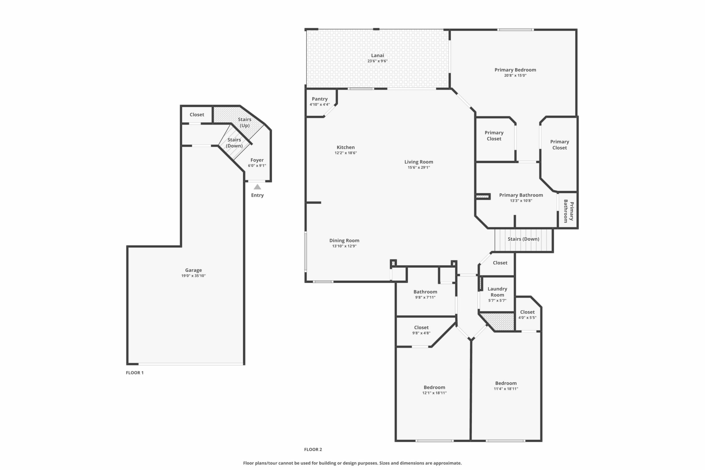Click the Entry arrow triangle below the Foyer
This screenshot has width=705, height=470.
click(x=257, y=187)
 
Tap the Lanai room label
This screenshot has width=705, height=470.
click(x=377, y=55)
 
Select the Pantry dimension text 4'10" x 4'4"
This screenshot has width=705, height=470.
click(x=319, y=105)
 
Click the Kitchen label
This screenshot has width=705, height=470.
click(x=346, y=147)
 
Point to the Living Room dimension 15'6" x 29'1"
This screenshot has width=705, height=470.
click(x=419, y=167)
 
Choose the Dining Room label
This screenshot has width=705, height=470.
click(x=344, y=240)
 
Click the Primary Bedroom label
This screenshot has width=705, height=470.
click(x=515, y=70)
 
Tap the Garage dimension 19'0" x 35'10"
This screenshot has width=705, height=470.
click(x=193, y=276)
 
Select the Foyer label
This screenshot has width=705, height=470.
click(x=257, y=160)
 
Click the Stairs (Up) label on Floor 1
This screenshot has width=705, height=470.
click(x=245, y=122)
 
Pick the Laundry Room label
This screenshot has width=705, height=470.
click(x=497, y=292)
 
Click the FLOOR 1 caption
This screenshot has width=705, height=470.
click(x=134, y=373)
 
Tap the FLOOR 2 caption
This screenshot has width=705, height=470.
click(x=313, y=449)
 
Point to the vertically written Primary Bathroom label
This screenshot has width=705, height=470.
click(x=569, y=211)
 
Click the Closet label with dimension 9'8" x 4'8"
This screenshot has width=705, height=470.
click(x=421, y=328)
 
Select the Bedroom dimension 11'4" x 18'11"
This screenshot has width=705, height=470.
click(x=506, y=389)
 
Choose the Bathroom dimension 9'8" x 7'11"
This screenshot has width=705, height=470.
click(x=425, y=297)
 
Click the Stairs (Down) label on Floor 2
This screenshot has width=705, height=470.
click(x=523, y=239)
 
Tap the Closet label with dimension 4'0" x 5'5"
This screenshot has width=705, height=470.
click(x=527, y=312)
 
